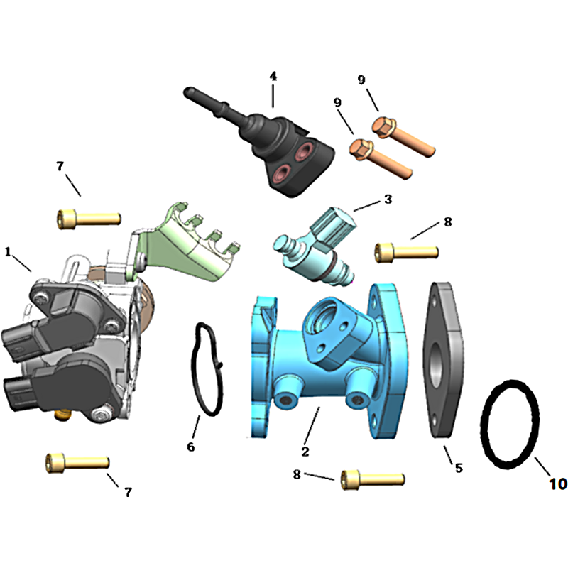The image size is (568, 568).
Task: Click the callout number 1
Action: (8, 252)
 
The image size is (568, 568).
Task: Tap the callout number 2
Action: (305, 452)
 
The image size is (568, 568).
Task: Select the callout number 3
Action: (388, 199)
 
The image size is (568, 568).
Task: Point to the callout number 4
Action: (273, 76)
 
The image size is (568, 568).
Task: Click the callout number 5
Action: (459, 468)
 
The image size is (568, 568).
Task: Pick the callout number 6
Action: (191, 447)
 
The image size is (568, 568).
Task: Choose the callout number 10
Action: (558, 484)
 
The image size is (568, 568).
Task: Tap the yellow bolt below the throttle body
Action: (77, 463)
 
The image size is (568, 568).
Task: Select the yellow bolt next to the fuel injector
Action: (406, 252)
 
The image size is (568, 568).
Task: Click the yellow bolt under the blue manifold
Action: (373, 480)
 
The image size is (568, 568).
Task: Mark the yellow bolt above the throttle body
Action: (89, 219)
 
